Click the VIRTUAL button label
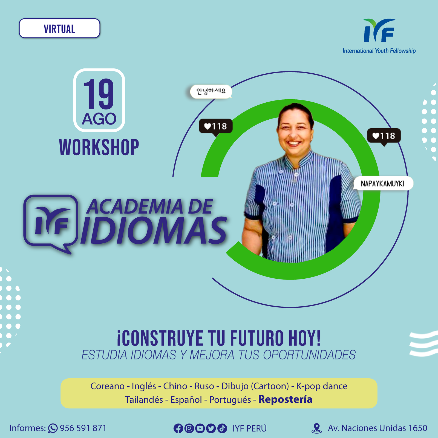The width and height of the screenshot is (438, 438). (59, 29)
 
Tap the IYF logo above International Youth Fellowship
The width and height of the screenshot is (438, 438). (379, 30)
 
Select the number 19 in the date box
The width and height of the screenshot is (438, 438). (99, 94)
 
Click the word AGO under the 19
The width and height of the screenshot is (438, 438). (99, 119)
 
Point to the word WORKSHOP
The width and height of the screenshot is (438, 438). (99, 147)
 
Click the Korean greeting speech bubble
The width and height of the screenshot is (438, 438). (211, 91)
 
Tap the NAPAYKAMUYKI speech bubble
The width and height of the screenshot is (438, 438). (383, 183)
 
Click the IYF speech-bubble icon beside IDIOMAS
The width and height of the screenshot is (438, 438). (51, 223)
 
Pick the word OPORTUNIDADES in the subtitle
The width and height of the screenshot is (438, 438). (309, 355)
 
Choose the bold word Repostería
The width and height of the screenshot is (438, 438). (285, 399)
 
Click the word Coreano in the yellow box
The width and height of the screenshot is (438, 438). (108, 386)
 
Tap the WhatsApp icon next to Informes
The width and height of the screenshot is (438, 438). (53, 428)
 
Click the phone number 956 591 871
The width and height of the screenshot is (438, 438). (83, 428)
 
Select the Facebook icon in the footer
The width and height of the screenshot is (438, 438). (178, 428)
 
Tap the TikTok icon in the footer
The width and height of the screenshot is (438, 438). (222, 428)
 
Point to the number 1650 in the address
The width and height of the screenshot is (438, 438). (418, 428)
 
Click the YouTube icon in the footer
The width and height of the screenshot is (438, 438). (200, 428)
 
